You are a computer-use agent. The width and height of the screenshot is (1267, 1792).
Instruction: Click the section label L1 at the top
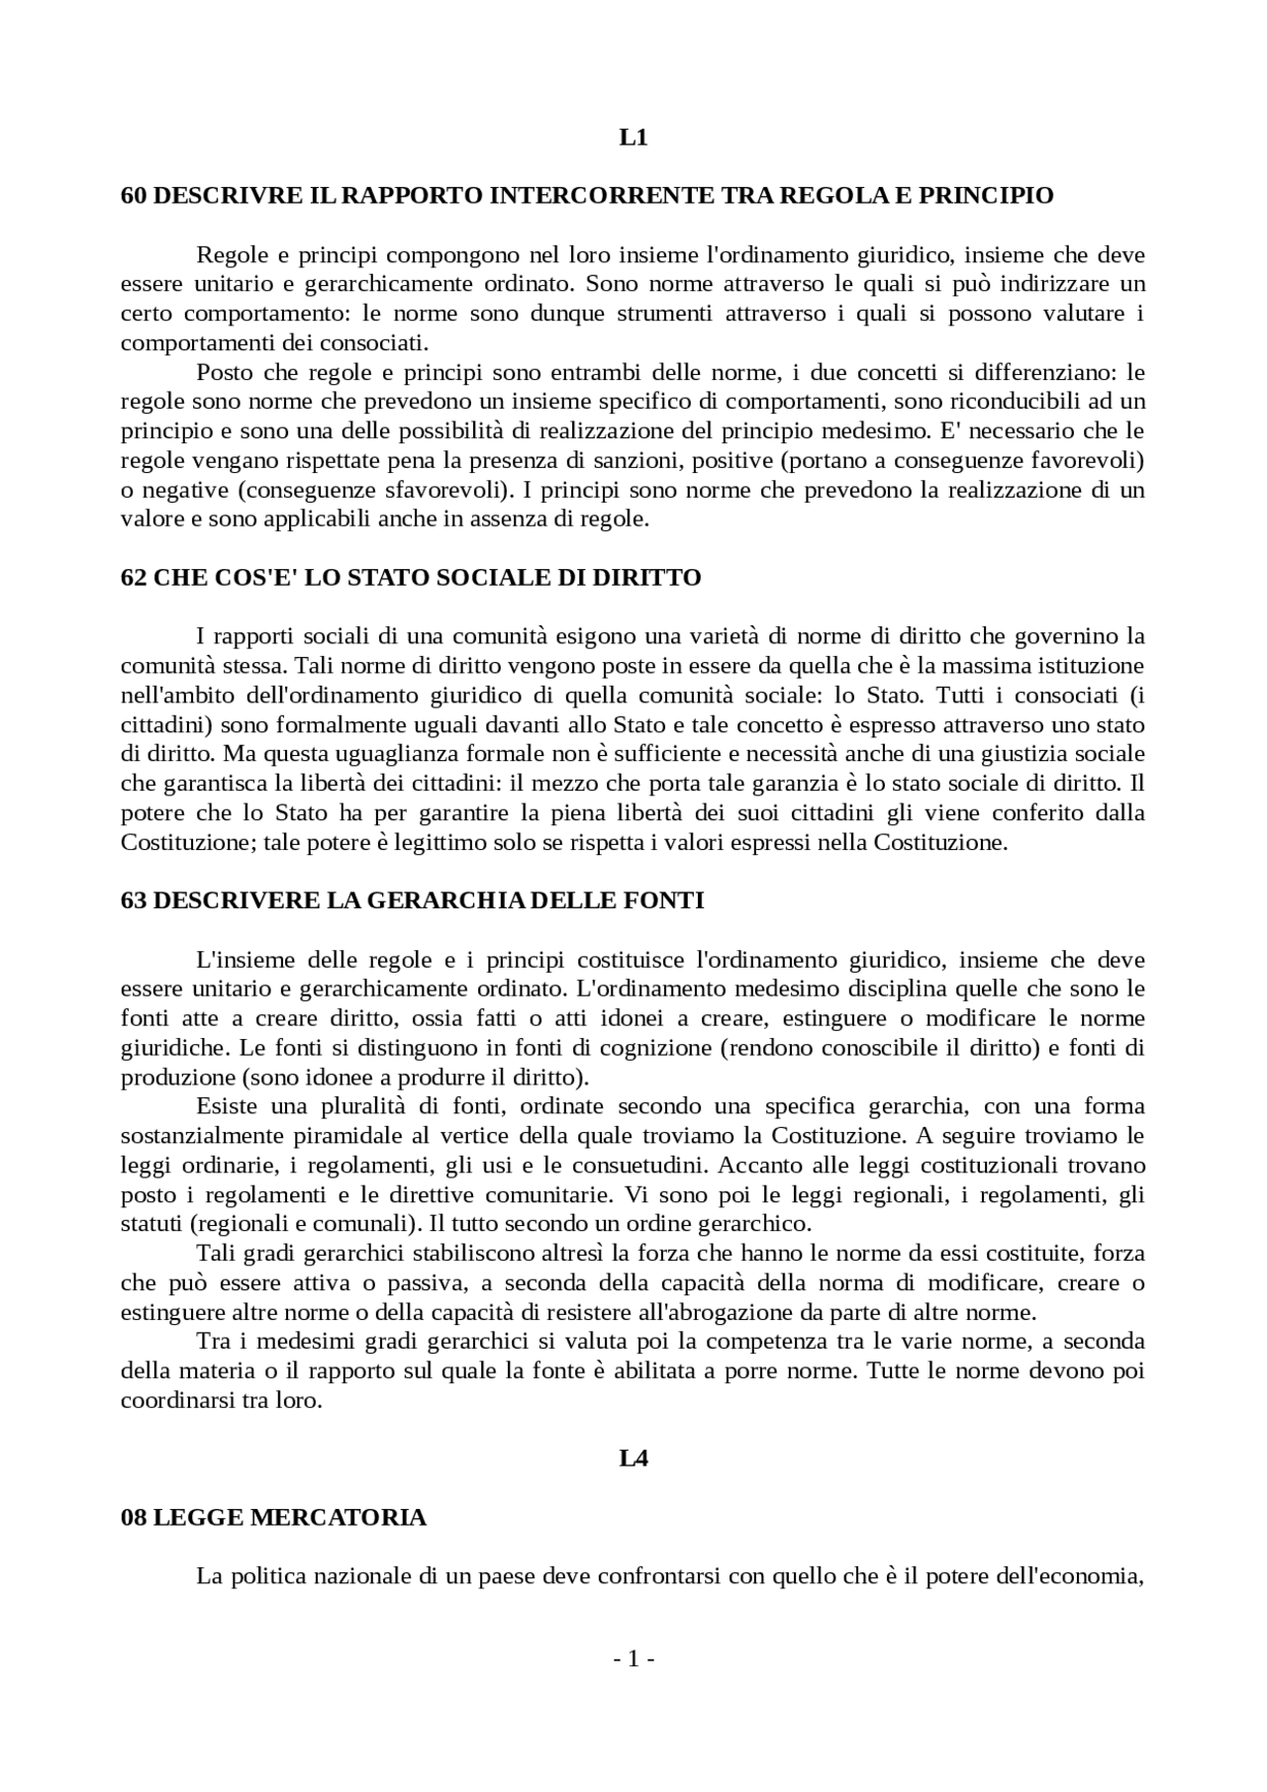point(633,138)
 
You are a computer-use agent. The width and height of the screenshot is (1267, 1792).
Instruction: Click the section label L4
point(633,1459)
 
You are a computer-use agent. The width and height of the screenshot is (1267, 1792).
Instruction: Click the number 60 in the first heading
point(134,196)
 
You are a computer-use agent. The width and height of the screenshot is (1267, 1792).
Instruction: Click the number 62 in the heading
point(134,578)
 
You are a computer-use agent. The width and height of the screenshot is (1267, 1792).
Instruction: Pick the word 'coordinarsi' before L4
point(171,1402)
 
